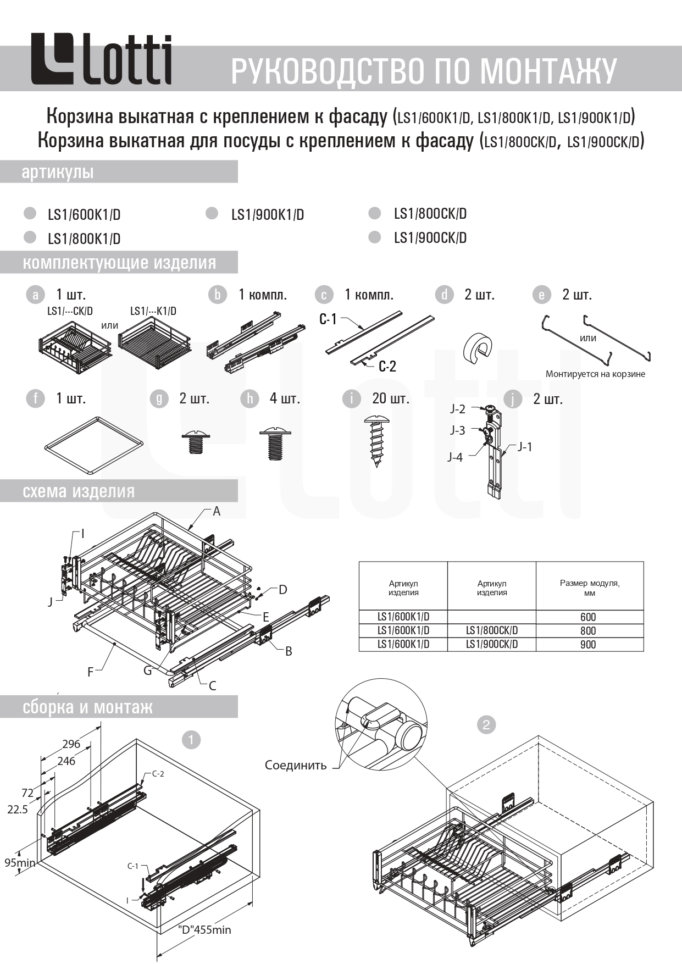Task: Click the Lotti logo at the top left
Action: coord(101,60)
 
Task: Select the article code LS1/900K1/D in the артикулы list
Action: coord(267,215)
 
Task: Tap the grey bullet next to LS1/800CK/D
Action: coord(375,213)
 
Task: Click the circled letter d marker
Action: coord(444,295)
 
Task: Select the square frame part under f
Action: coord(94,445)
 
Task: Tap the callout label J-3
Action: coord(458,430)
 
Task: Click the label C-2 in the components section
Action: coord(387,367)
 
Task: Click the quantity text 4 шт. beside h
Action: coord(285,398)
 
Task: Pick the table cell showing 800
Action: coord(588,631)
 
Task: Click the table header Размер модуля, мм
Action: coord(590,588)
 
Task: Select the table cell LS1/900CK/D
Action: coord(492,644)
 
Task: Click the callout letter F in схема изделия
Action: coord(91,672)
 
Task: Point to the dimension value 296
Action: coord(71,744)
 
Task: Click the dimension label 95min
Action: coord(20,862)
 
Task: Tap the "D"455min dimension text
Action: coord(204,930)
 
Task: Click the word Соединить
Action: coord(296,765)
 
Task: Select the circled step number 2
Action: coord(486,724)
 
